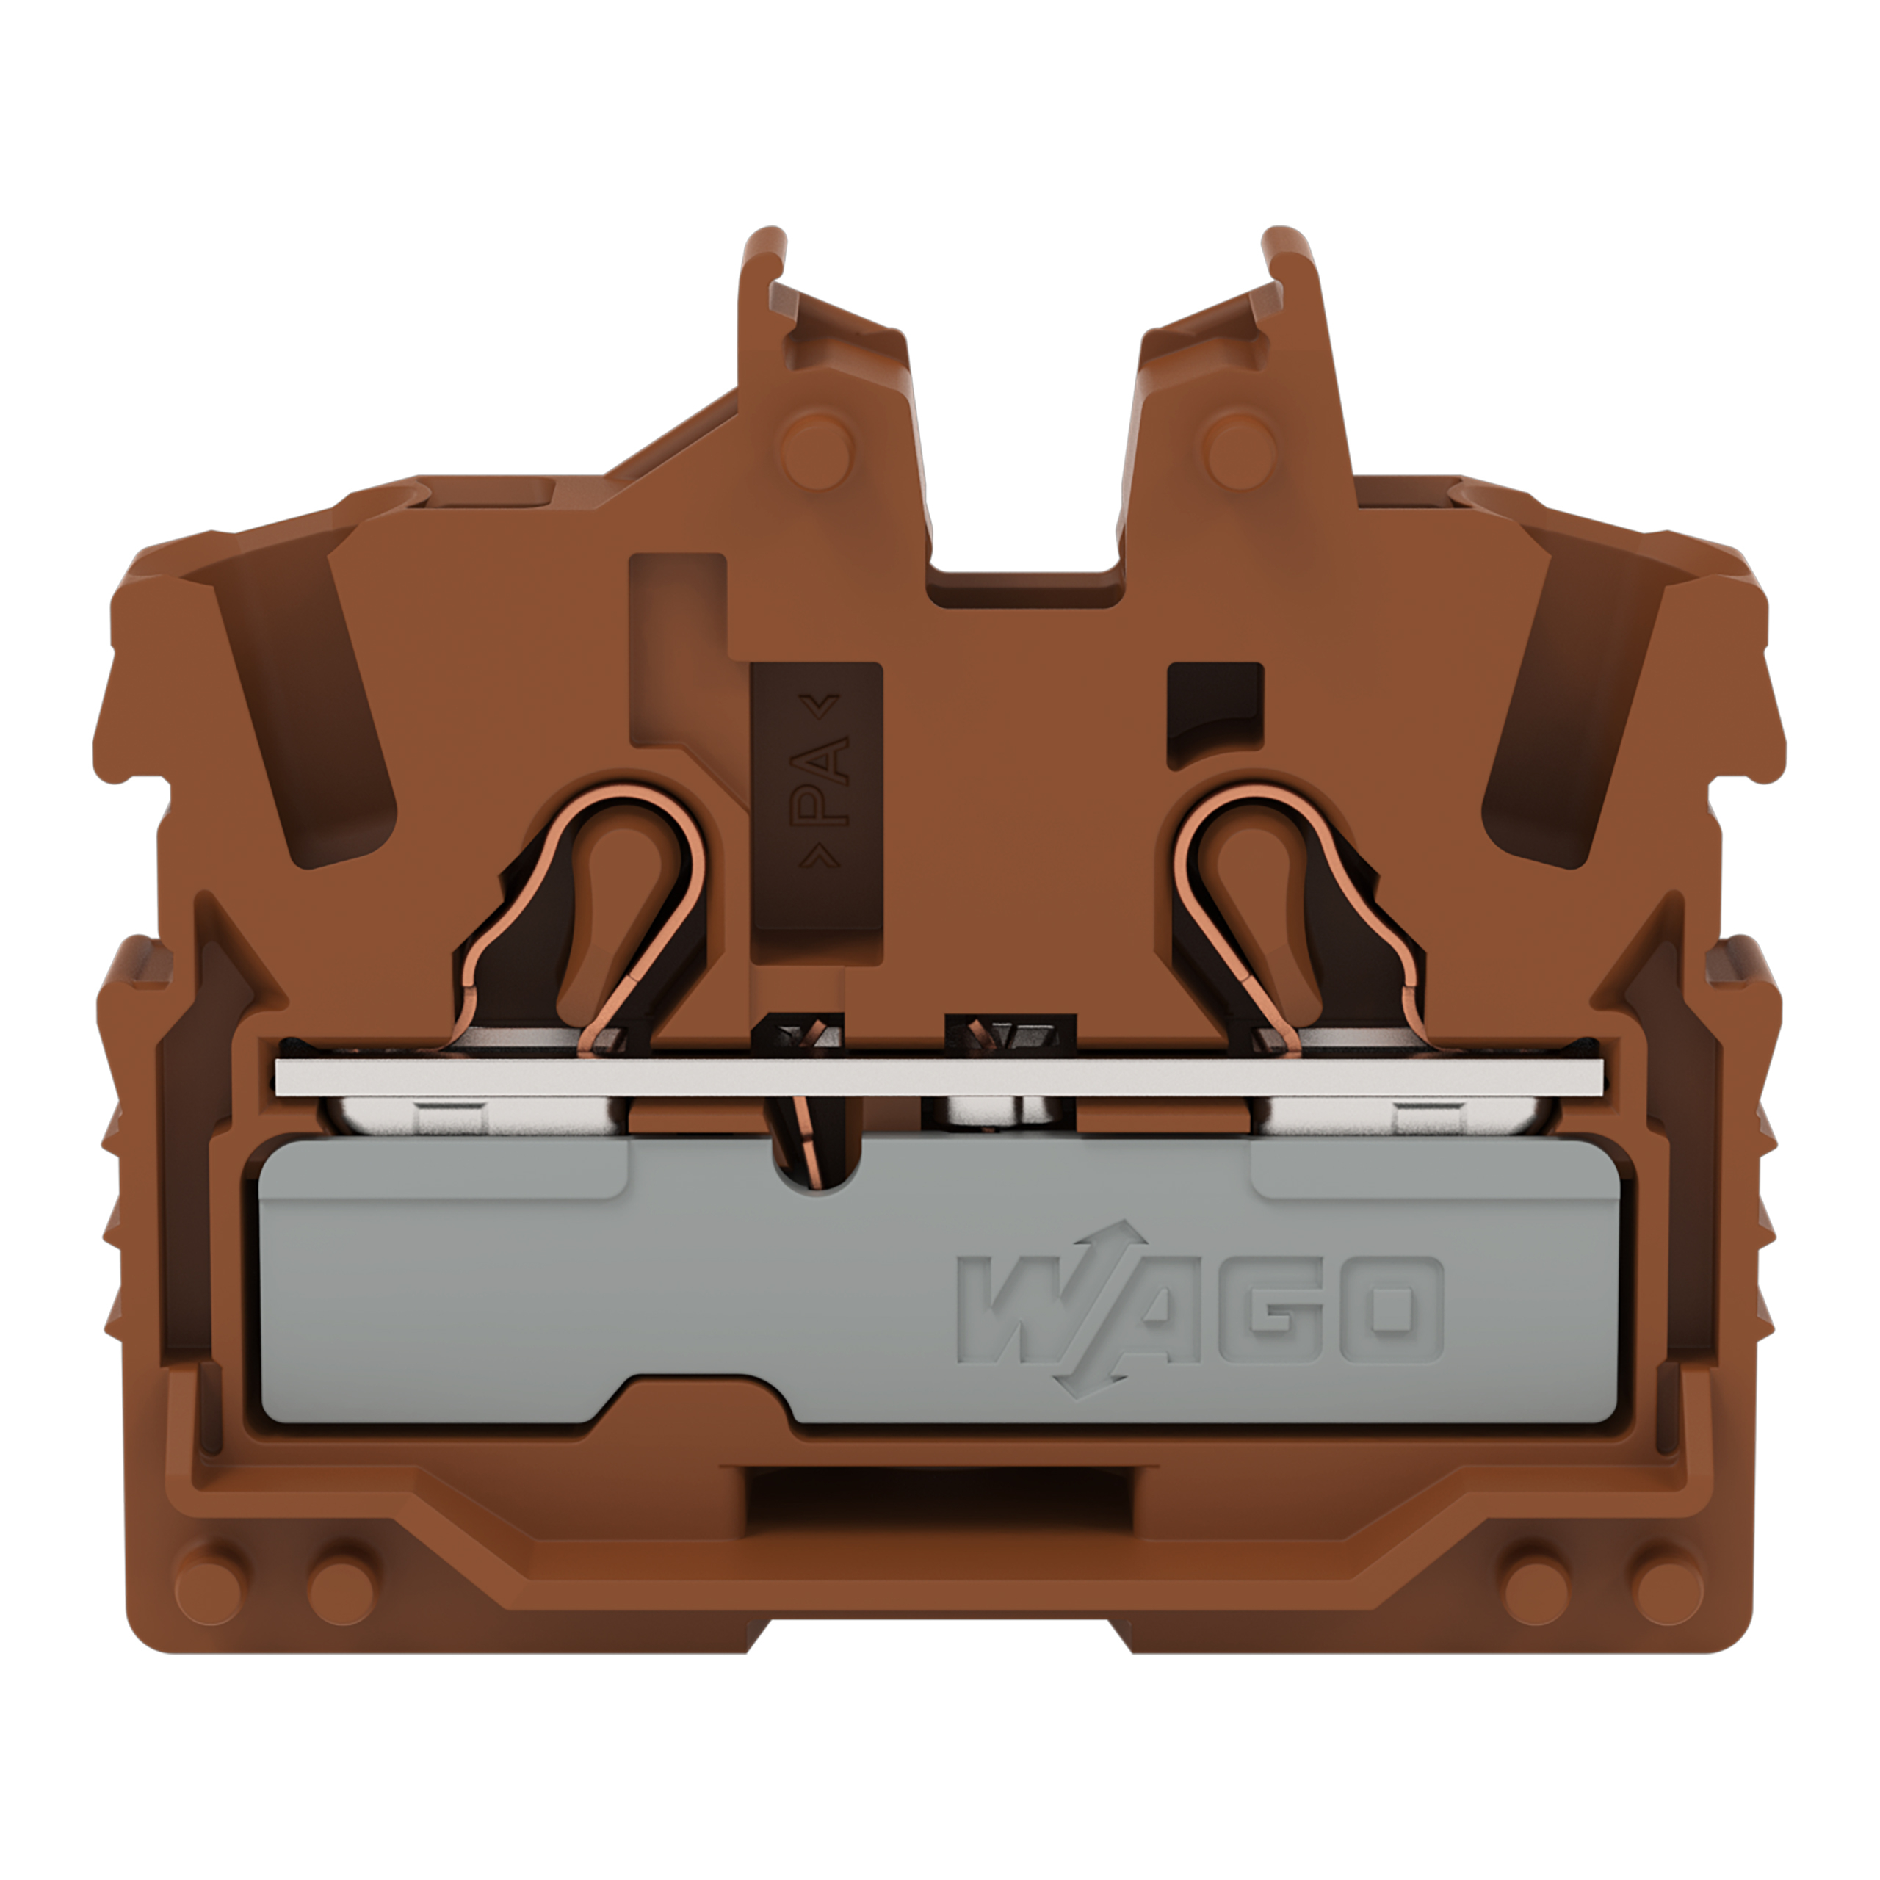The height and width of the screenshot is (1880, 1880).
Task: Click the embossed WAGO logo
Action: [x=1200, y=1309]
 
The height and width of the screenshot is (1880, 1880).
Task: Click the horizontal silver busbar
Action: [x=939, y=1077]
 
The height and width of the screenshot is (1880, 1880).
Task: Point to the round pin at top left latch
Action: [x=817, y=450]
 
